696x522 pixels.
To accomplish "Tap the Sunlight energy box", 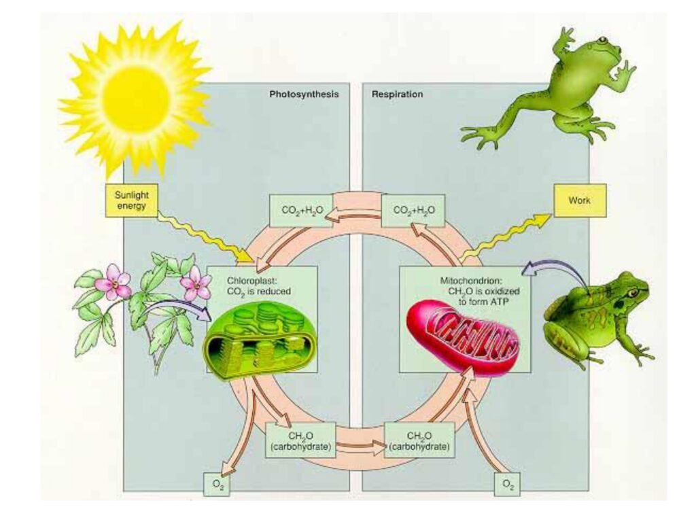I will pos(132,201).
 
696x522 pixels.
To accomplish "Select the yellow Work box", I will pos(580,201).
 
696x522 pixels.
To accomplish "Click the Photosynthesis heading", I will pos(304,94).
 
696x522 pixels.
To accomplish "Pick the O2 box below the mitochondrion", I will pos(506,484).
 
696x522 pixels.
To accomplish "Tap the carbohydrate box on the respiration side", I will pos(417,440).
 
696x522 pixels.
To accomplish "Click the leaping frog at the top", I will pos(568,88).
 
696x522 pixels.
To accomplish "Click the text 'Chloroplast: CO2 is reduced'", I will pos(261,285).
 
